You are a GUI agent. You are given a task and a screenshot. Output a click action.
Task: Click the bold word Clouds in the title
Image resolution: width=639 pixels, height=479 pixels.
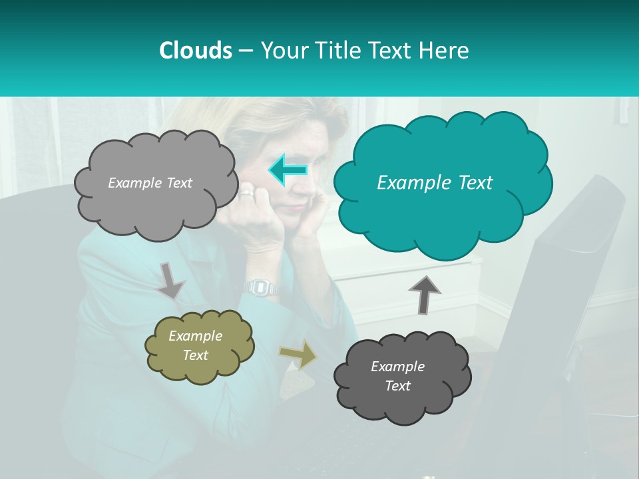pyautogui.click(x=195, y=51)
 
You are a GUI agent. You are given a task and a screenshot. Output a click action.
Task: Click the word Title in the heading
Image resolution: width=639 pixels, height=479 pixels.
pyautogui.click(x=338, y=51)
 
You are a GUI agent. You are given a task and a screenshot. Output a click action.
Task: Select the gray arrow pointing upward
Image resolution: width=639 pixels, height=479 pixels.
pyautogui.click(x=425, y=295)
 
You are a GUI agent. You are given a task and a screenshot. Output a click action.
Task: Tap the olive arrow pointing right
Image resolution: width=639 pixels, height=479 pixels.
pyautogui.click(x=298, y=354)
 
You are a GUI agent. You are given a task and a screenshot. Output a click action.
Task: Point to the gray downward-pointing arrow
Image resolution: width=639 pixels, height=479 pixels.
pyautogui.click(x=171, y=280)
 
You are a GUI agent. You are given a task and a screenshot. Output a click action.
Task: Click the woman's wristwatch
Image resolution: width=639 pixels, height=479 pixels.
pyautogui.click(x=261, y=287)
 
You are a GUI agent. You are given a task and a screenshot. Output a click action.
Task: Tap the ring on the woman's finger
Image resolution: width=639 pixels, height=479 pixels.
pyautogui.click(x=247, y=193)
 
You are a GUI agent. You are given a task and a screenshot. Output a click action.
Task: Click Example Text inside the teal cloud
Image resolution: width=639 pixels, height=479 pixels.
pyautogui.click(x=435, y=183)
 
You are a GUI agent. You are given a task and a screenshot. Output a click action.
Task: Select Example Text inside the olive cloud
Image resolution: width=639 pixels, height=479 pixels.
pyautogui.click(x=195, y=345)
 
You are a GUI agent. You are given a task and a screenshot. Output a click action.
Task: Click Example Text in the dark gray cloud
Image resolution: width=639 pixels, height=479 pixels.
pyautogui.click(x=397, y=376)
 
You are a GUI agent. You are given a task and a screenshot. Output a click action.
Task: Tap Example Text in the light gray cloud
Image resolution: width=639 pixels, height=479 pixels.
pyautogui.click(x=150, y=183)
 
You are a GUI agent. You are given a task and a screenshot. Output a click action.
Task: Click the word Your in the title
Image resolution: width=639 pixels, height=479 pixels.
pyautogui.click(x=287, y=51)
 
